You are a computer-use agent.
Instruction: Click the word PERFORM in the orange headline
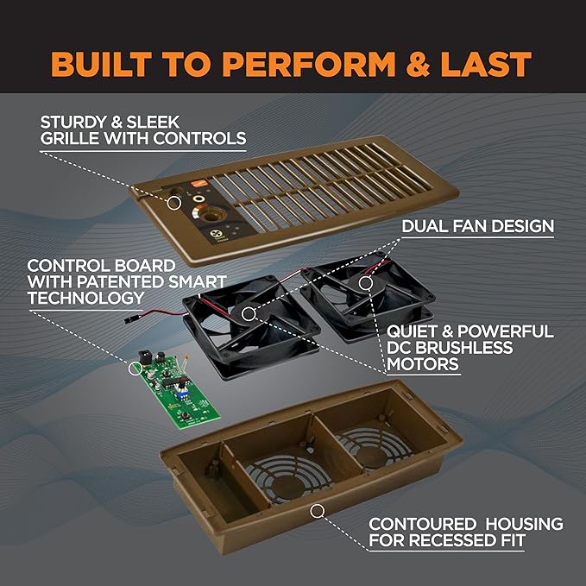point(309,64)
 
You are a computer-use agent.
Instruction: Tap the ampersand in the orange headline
point(418,64)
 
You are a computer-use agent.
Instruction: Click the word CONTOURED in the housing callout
point(422,524)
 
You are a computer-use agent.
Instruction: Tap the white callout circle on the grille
point(173,203)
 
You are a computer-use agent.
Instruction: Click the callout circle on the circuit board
point(135,369)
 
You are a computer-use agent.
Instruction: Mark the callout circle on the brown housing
point(318,511)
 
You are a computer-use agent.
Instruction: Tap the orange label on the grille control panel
point(196,184)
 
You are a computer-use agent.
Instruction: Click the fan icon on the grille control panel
point(215,235)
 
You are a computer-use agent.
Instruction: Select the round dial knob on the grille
point(211,215)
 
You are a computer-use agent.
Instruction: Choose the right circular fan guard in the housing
point(374,448)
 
